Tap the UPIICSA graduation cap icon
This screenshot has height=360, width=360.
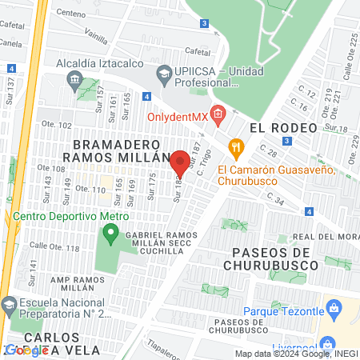pyautogui.click(x=165, y=74)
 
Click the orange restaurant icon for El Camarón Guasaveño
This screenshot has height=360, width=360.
pyautogui.click(x=234, y=146)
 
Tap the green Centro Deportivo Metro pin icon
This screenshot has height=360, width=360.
pyautogui.click(x=110, y=234)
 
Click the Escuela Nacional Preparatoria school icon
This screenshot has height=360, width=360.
pyautogui.click(x=9, y=305)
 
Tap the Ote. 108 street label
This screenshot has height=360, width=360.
pyautogui.click(x=53, y=169)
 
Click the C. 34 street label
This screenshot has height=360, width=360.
pyautogui.click(x=276, y=198)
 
